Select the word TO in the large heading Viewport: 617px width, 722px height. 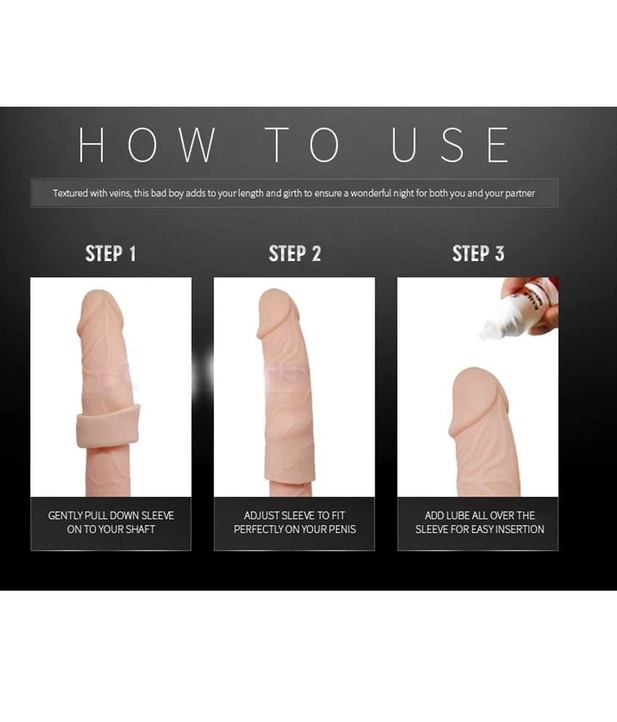point(303,144)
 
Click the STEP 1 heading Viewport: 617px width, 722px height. point(110,253)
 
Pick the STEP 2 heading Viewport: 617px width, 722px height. point(294,253)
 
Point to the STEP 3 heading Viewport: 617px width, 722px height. point(478,253)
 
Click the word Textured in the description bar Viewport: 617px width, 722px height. point(72,194)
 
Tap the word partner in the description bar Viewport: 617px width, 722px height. point(517,194)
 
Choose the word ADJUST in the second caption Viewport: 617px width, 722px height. point(261,516)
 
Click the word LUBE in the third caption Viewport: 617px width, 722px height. point(459,516)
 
